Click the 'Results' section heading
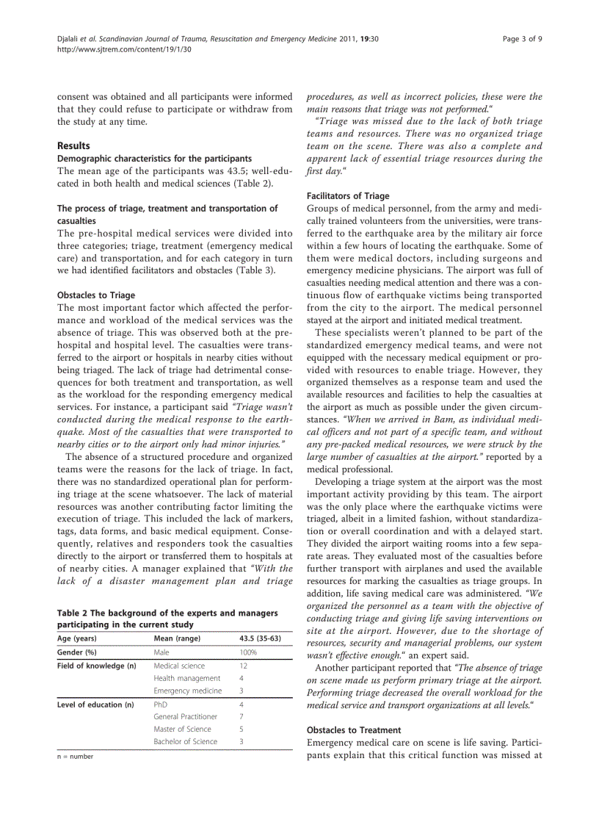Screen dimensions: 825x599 [73, 145]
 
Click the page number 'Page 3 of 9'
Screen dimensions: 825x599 [522, 38]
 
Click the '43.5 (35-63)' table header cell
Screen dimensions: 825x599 [261, 638]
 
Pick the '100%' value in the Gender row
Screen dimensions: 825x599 [248, 652]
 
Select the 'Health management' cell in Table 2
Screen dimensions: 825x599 [186, 678]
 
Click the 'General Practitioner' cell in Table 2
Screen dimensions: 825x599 [185, 716]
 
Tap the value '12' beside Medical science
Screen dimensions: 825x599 [244, 666]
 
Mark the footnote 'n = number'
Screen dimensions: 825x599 [76, 756]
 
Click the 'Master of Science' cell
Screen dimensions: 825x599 [182, 729]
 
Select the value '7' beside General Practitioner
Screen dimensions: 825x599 [242, 716]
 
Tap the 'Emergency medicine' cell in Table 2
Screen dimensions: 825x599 [187, 691]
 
